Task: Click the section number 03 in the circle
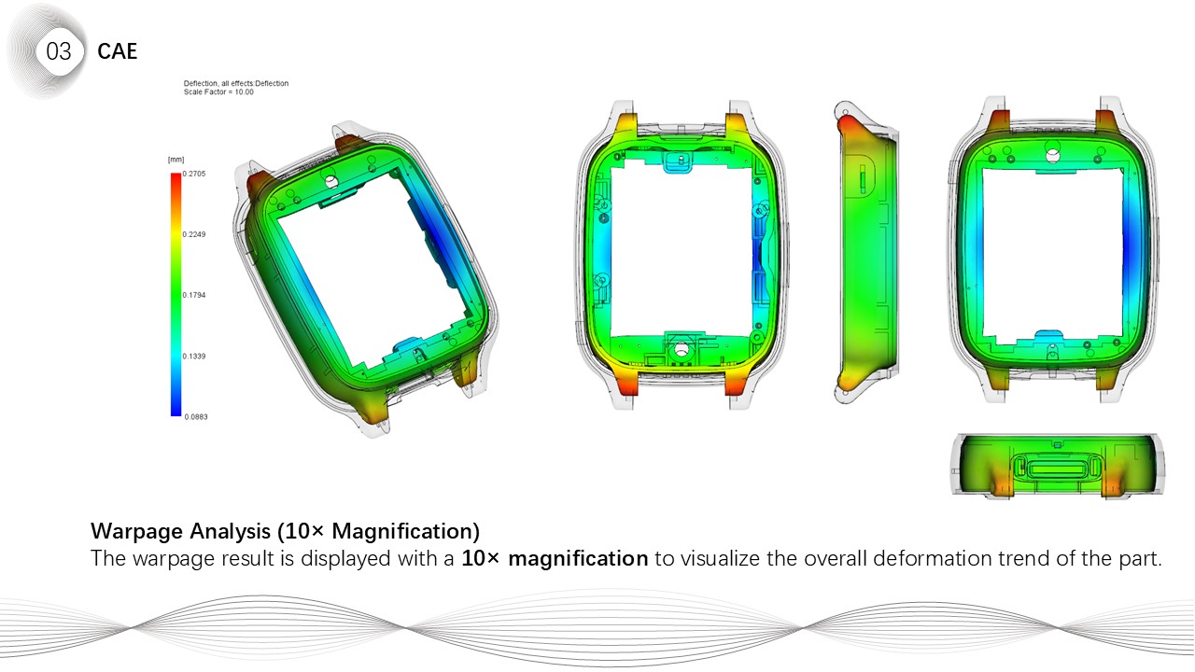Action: click(58, 51)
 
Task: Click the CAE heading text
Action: click(118, 51)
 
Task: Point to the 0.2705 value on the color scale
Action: click(194, 174)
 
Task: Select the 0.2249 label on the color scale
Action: click(194, 234)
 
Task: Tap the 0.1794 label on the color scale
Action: click(194, 295)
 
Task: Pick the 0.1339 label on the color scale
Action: click(194, 357)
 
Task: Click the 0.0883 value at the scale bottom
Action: click(196, 417)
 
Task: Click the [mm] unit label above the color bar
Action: click(176, 160)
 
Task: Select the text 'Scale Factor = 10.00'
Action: click(218, 91)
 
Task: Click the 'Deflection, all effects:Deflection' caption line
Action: click(236, 83)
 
